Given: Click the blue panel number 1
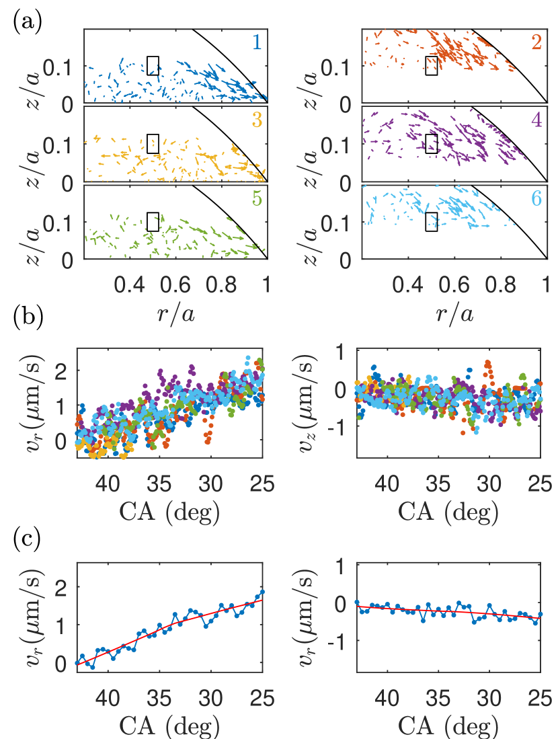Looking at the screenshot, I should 257,42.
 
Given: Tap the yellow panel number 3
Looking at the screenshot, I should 257,122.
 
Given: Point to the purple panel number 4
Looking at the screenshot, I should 535,123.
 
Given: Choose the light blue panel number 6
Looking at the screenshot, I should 535,201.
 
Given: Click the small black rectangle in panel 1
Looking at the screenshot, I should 153,65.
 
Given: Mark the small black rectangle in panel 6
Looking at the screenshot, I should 432,222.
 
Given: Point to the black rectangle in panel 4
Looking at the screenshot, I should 432,143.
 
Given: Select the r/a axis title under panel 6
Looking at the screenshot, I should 454,313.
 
